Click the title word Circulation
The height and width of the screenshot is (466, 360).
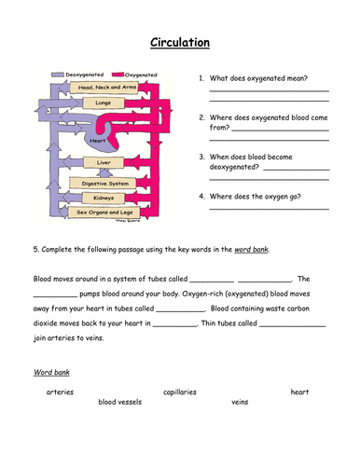(x=180, y=42)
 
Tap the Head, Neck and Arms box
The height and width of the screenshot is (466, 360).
(x=103, y=88)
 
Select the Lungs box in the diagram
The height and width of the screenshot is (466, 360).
(x=103, y=104)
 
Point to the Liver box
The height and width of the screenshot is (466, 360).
(x=104, y=162)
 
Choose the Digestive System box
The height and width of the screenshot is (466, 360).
(x=104, y=184)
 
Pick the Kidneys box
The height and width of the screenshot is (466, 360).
(x=104, y=198)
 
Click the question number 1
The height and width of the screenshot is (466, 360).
(x=201, y=78)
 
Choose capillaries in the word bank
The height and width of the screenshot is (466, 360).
(x=179, y=392)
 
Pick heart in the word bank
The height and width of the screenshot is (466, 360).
(x=298, y=392)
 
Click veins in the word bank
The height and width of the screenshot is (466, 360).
(x=240, y=403)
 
